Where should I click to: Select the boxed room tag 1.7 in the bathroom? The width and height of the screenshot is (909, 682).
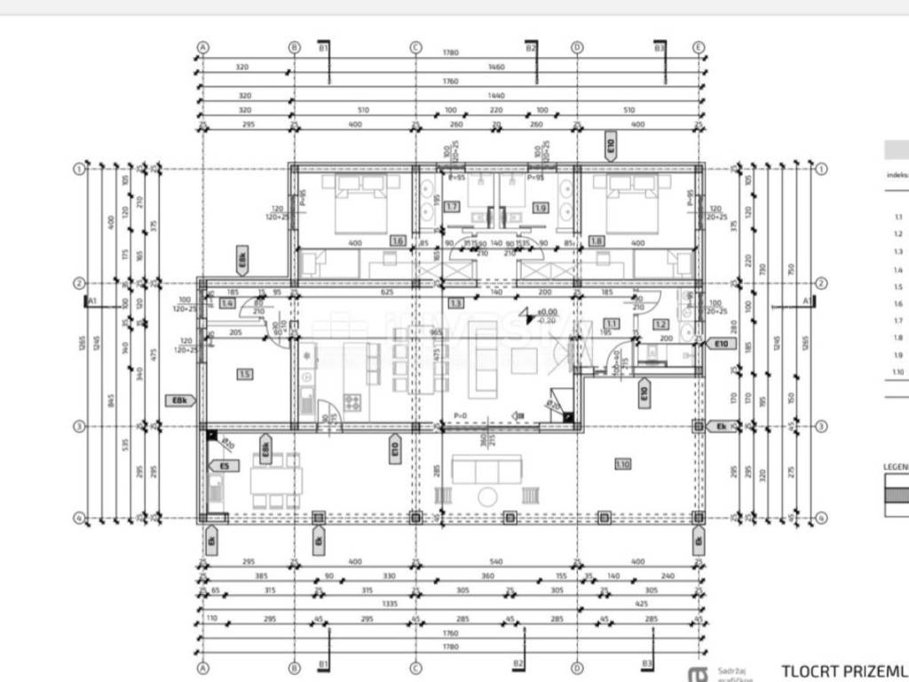coord(452,207)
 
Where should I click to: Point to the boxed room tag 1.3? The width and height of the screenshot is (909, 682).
coord(456,303)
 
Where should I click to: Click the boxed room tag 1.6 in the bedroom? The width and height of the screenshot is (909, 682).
coord(398,241)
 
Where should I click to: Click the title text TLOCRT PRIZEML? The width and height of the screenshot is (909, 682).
coord(843,670)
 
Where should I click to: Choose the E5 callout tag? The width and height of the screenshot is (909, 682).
coord(224,464)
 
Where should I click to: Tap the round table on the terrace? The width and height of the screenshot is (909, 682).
coord(487,496)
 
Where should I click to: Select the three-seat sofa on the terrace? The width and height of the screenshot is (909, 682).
coord(487,468)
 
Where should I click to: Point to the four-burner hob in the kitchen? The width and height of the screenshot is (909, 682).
coord(352,401)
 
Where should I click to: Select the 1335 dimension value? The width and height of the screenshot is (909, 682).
coord(388,602)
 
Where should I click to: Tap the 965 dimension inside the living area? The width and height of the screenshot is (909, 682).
coord(436,332)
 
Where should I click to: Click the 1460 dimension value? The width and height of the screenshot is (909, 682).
coord(521,67)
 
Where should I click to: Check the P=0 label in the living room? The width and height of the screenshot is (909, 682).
coord(460,415)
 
